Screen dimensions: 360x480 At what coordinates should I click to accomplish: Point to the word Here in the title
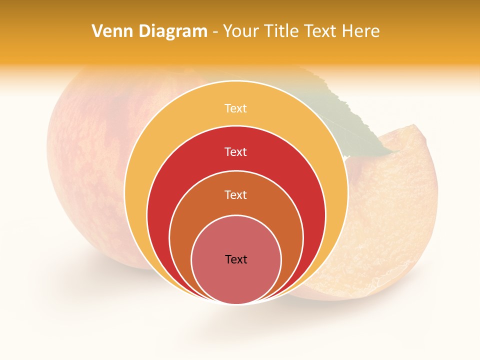360,31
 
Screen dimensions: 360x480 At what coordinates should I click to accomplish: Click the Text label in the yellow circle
235,108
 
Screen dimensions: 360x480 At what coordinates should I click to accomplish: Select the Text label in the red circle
235,151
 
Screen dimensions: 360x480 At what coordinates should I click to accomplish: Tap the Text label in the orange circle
235,194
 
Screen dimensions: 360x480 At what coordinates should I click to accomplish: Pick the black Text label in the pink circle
236,259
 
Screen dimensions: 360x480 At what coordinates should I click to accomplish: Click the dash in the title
214,31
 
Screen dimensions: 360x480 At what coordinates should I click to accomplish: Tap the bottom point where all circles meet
236,303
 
